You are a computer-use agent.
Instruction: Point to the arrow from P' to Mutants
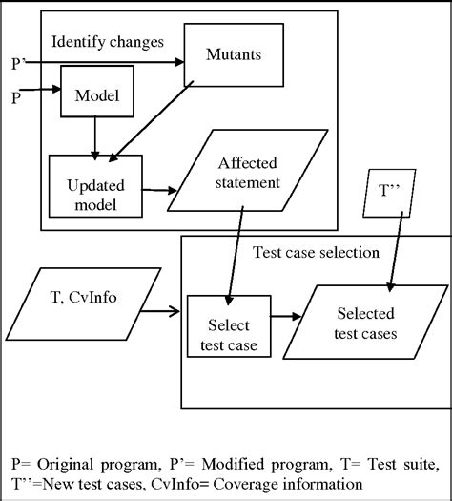coord(105,63)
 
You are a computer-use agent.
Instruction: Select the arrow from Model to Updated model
coord(95,137)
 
